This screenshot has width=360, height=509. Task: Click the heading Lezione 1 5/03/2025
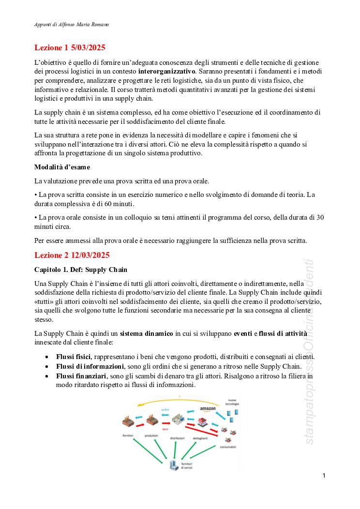pos(70,48)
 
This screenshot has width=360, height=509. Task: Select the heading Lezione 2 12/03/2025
pos(72,255)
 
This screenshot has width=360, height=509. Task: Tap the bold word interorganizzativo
pos(163,72)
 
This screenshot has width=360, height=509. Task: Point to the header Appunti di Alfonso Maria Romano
pos(72,24)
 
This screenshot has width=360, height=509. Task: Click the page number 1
pos(324,476)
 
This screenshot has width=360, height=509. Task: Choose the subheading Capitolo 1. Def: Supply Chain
pos(81,269)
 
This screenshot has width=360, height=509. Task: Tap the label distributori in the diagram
pos(177,438)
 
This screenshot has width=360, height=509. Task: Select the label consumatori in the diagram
pos(227,447)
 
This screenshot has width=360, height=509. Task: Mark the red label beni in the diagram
pos(165,429)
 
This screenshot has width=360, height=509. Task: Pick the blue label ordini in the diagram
pos(165,409)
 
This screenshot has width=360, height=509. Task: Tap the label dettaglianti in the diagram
pos(200,438)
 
